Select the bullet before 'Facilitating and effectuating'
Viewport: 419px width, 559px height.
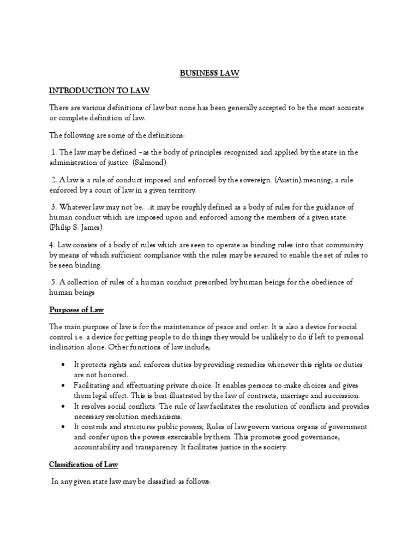[x=65, y=385]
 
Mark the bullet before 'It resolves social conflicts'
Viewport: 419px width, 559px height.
[x=65, y=406]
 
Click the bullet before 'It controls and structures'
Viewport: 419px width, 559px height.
[x=65, y=426]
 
